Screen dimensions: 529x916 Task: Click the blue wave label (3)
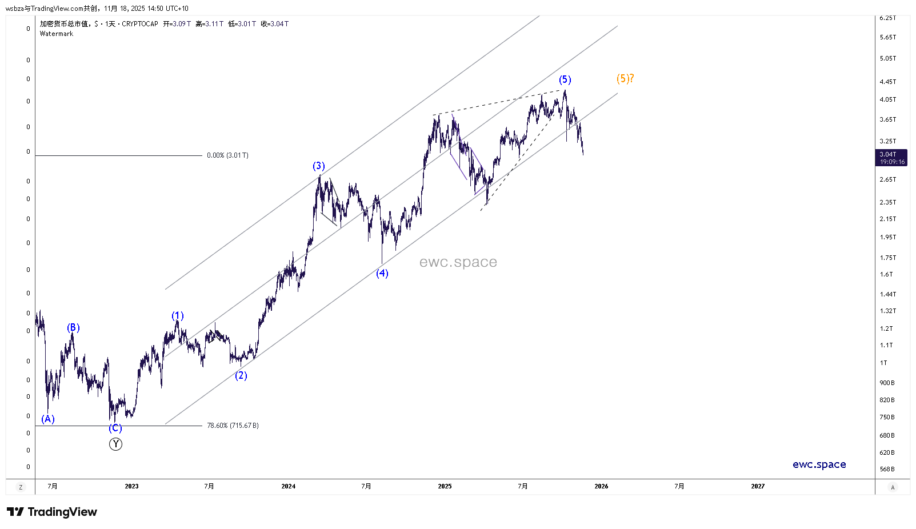coord(318,166)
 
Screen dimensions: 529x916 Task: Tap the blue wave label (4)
coord(382,273)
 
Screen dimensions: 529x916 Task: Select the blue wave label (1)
coord(178,316)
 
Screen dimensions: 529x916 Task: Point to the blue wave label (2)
coord(241,375)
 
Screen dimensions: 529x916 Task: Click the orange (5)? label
coord(625,78)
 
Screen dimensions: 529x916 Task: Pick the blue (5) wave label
coord(565,79)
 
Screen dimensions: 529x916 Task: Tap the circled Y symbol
coord(115,444)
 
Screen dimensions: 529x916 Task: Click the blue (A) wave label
coord(48,419)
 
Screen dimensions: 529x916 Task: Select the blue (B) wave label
coord(73,327)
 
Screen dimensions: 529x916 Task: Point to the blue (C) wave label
coord(115,428)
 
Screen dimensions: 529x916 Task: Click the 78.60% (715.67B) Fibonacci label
coord(233,426)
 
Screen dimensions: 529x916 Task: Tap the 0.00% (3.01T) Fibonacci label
coord(227,155)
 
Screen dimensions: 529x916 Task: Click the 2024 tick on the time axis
coord(289,486)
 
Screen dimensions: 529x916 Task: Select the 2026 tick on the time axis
coord(601,486)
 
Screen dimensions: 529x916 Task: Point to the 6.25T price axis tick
coord(887,18)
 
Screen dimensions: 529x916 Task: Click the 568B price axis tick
coord(887,469)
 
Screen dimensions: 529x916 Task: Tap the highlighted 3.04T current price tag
coord(890,158)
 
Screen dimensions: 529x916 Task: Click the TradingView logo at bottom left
coord(52,512)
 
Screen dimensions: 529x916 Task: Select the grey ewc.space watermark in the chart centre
coord(458,262)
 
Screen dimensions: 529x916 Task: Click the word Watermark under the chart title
coord(57,34)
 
